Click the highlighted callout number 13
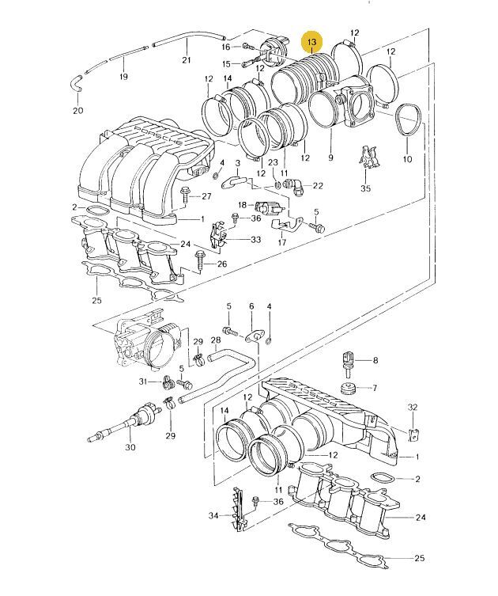pyautogui.click(x=311, y=42)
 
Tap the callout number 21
pyautogui.click(x=187, y=59)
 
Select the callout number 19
pyautogui.click(x=123, y=77)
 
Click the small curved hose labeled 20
pyautogui.click(x=77, y=83)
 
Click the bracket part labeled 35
pyautogui.click(x=369, y=157)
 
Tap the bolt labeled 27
pyautogui.click(x=185, y=196)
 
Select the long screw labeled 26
pyautogui.click(x=200, y=261)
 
